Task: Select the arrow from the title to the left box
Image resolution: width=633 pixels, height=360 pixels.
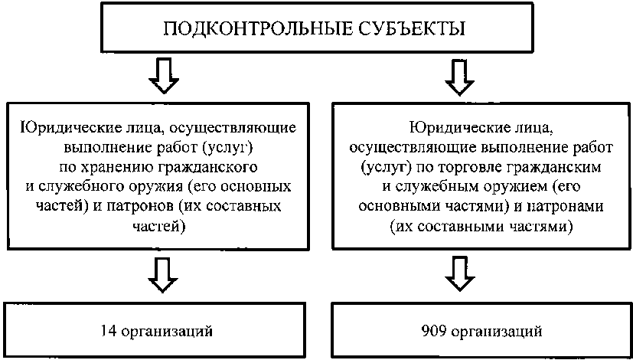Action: (163, 74)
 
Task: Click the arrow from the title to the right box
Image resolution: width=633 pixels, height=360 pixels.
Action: (458, 74)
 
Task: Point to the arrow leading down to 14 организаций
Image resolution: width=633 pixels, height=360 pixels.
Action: (163, 274)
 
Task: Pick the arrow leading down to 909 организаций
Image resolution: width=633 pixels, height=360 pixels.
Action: (458, 274)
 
